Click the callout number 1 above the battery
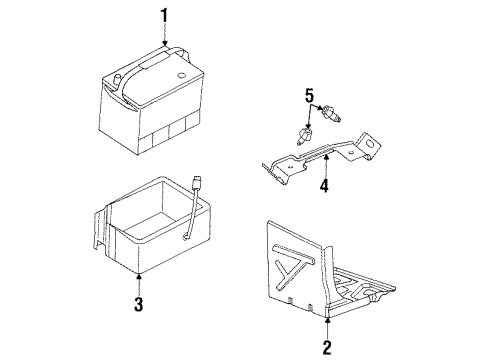coord(165,17)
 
